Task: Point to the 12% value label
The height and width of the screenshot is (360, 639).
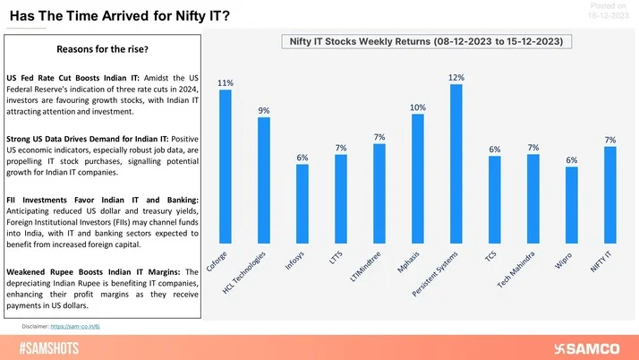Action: (x=456, y=78)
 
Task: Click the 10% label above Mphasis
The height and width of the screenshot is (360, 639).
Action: (x=417, y=107)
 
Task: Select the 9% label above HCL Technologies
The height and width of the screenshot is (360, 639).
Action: (x=264, y=111)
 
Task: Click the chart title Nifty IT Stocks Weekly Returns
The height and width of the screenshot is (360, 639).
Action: (x=425, y=42)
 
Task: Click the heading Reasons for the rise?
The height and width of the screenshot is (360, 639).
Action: (x=103, y=48)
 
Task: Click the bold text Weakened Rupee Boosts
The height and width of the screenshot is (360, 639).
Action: (x=54, y=270)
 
